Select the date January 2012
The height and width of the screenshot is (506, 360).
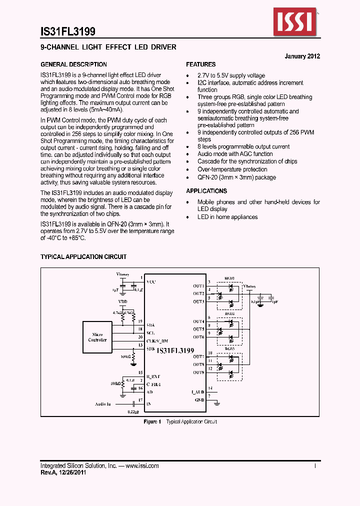[302, 56]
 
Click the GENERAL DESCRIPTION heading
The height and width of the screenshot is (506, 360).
[73, 64]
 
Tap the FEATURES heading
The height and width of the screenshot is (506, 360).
[201, 64]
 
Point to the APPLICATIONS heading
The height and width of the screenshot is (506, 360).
[206, 191]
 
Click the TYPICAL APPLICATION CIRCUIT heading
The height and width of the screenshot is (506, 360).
[83, 256]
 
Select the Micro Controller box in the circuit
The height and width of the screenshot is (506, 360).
[97, 337]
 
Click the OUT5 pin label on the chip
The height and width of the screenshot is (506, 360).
[198, 329]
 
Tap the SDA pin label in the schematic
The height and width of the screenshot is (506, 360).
[150, 324]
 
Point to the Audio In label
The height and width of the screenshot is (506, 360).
[103, 403]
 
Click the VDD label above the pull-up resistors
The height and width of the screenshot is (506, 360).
[122, 302]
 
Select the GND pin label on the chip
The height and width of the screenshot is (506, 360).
[199, 400]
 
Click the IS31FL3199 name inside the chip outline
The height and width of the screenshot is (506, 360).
[175, 351]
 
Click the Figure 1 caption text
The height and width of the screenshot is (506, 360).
[180, 422]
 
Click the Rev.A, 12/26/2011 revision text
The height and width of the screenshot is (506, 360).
[63, 472]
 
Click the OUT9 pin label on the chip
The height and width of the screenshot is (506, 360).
[198, 372]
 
